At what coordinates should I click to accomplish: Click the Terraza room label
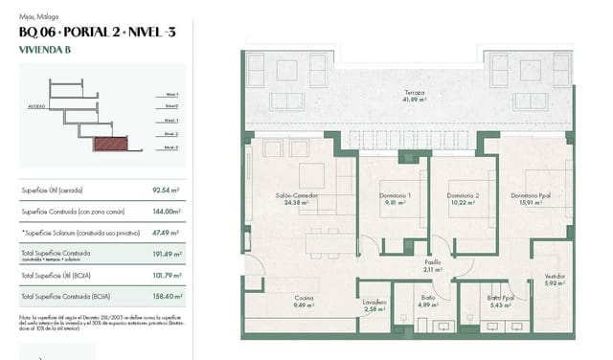click(414, 93)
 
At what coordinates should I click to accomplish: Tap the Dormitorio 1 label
click(395, 195)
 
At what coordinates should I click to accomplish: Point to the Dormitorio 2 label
click(463, 195)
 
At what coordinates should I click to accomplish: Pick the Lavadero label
click(375, 303)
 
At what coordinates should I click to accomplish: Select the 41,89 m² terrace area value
click(414, 100)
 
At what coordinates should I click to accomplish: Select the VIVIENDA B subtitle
click(45, 49)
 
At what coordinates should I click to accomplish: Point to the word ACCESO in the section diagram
click(36, 105)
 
